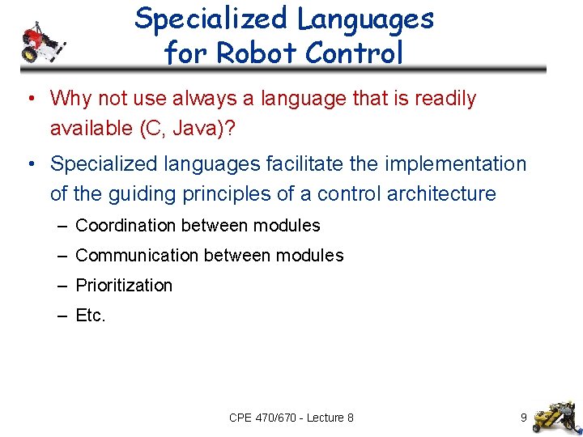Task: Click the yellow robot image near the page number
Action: pos(558,414)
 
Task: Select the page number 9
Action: pos(524,418)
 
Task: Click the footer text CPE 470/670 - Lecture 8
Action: pos(291,418)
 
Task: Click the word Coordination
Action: pos(125,226)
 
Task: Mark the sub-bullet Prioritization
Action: pos(124,286)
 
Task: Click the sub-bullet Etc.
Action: pos(91,316)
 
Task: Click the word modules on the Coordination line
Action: pos(287,226)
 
